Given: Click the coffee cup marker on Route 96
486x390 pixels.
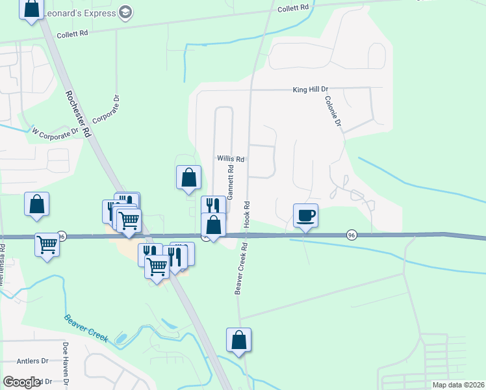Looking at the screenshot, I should [305, 215].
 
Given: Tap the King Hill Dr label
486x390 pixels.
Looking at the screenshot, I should [311, 89].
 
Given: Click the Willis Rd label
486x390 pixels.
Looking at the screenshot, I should [231, 159].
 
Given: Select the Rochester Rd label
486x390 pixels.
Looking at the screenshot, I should [77, 112].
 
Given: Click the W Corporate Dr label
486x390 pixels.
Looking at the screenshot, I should [55, 131].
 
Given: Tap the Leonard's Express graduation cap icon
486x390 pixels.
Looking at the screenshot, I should [126, 12].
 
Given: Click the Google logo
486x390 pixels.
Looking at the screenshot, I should [22, 382].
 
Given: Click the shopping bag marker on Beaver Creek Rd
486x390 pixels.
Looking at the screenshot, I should [238, 340].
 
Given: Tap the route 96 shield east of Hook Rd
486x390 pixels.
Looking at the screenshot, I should [352, 234].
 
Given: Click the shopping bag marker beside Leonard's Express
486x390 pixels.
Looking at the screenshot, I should [31, 9].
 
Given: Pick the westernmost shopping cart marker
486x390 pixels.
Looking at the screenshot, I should [47, 245].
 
